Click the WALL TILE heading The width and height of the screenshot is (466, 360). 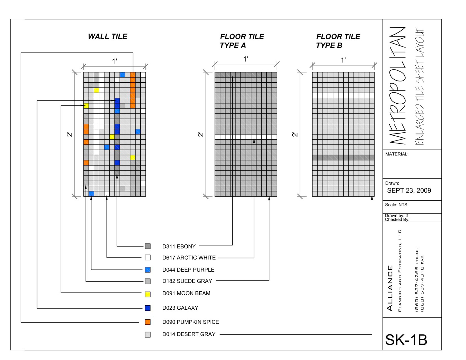coord(107,37)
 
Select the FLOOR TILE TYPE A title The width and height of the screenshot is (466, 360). coord(242,41)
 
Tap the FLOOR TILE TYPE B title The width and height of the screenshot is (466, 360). coord(338,41)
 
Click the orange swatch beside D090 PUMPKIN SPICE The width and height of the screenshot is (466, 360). coord(148,322)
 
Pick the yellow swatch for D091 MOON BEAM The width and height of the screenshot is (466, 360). coord(148,294)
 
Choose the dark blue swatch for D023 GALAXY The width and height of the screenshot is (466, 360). coord(148,308)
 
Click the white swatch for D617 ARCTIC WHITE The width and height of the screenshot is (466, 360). coord(148,257)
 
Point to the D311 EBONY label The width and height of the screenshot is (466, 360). coord(179,246)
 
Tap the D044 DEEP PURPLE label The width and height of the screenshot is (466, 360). coord(188,270)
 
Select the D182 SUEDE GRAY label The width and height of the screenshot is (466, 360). coord(187,281)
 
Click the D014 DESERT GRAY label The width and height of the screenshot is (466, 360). coord(189,334)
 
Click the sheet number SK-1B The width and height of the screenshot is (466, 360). coord(406,340)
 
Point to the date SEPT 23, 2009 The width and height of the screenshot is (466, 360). coord(409,190)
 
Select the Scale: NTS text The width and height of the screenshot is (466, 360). coord(396,205)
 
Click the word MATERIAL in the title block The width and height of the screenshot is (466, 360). coord(397,154)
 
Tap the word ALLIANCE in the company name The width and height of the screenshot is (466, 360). coord(390,288)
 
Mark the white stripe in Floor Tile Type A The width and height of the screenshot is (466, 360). coord(246,137)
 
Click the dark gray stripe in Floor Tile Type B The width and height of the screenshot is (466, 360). coord(343,158)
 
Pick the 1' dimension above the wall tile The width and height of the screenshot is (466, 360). coord(114,61)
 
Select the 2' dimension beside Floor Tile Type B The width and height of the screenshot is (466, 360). coord(295,134)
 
